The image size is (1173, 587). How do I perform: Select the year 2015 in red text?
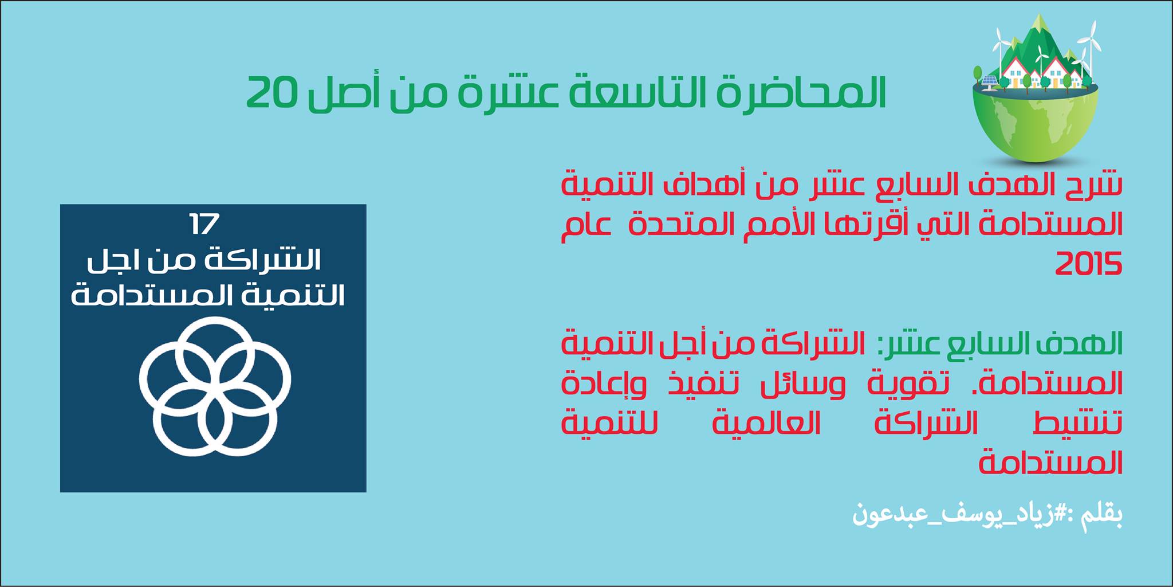point(1088,265)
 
